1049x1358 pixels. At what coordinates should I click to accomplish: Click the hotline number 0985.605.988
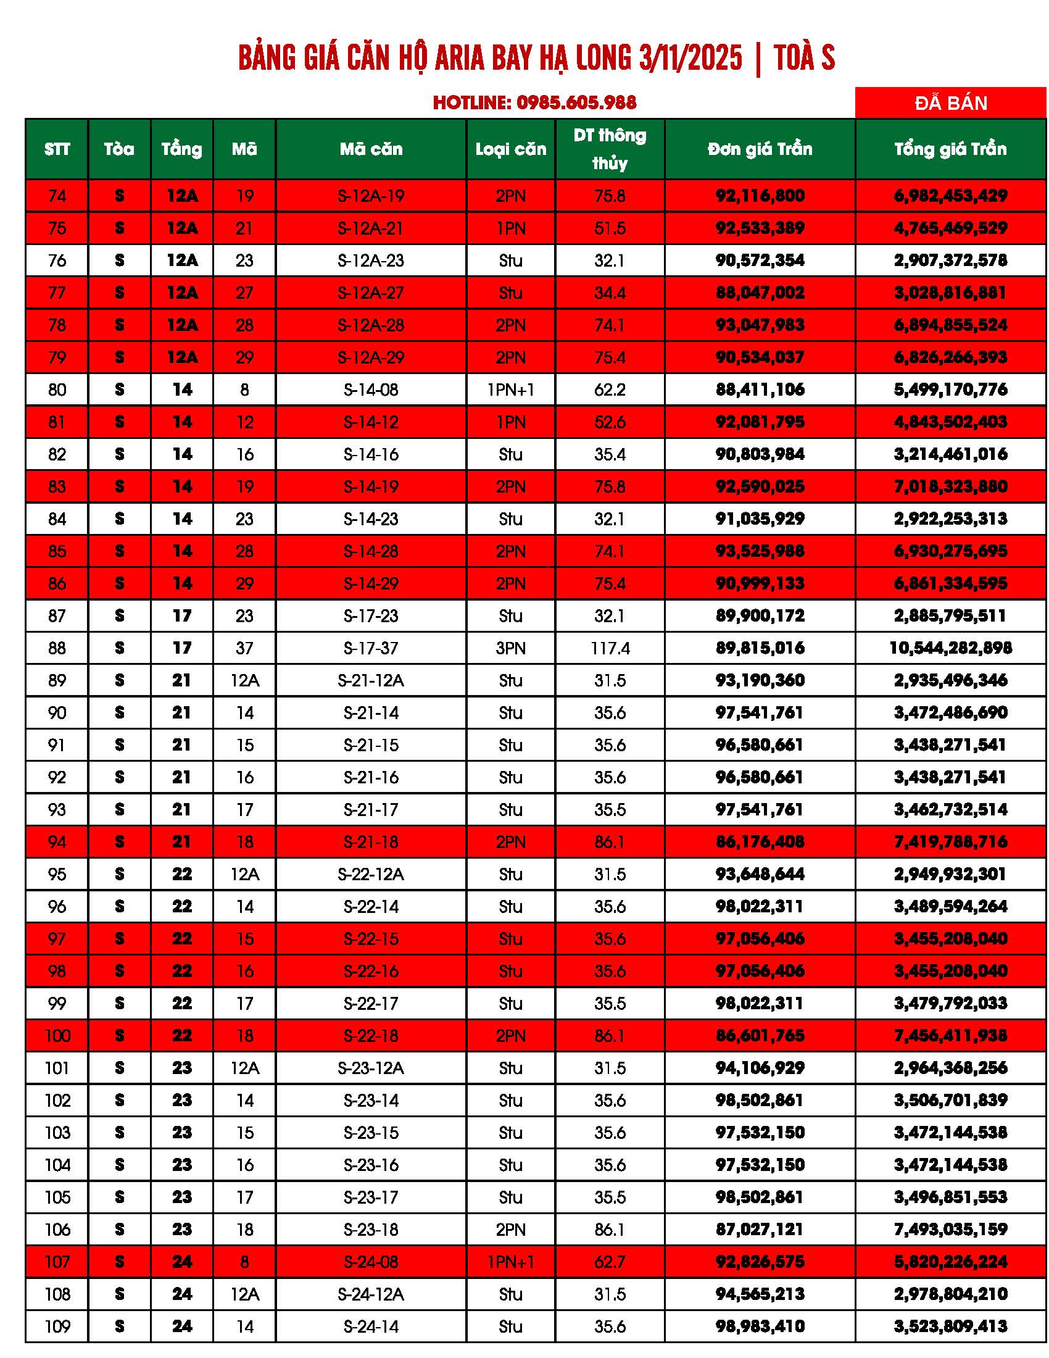tap(576, 102)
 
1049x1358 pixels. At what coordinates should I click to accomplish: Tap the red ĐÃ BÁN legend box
tap(950, 102)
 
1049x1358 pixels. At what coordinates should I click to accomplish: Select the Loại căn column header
tap(510, 149)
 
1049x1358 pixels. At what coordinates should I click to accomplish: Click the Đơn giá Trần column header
tap(760, 149)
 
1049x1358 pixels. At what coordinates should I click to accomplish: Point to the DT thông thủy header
tap(610, 149)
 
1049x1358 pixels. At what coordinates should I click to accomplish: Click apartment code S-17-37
tap(371, 649)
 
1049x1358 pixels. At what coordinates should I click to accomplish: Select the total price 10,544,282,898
tap(950, 649)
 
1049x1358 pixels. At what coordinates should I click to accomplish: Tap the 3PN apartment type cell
tap(510, 649)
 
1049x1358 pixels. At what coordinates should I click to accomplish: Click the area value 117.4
tap(610, 649)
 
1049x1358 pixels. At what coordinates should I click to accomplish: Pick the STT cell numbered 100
tap(57, 1036)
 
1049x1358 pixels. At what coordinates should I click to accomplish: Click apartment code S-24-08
tap(371, 1262)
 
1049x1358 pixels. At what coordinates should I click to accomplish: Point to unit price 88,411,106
tap(760, 390)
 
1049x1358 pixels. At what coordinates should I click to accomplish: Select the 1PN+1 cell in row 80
tap(510, 390)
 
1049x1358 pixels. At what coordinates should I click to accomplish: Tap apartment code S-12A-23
tap(371, 260)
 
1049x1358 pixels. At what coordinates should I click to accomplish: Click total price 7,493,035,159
tap(950, 1230)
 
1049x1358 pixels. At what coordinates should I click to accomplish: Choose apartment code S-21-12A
tap(371, 681)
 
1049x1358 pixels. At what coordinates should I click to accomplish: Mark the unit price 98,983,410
tap(760, 1327)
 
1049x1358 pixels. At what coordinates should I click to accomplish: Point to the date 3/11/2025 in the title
tap(690, 58)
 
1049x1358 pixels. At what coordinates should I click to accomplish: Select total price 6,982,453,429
tap(950, 196)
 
